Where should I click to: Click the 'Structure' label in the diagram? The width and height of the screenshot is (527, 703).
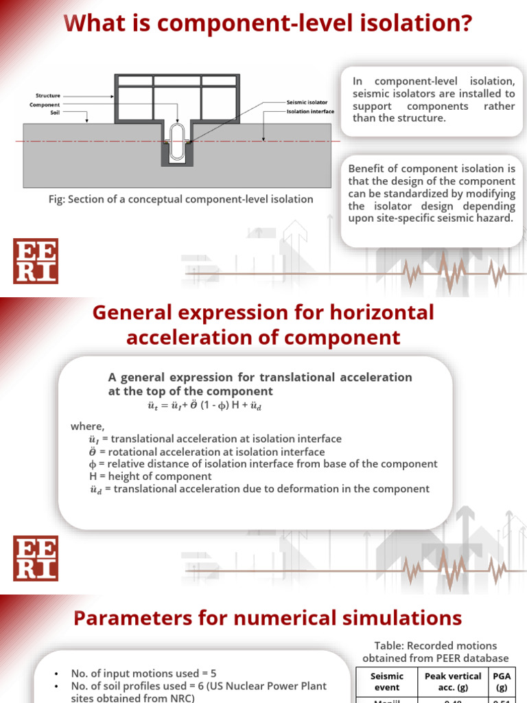tap(48, 95)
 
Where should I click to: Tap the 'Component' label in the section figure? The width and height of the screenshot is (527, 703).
tap(45, 105)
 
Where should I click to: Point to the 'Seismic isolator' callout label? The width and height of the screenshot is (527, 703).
tap(307, 102)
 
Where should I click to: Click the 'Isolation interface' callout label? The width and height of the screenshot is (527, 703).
tap(310, 111)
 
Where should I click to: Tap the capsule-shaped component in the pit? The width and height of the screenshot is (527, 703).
tap(177, 132)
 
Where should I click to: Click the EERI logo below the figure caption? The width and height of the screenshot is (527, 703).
tap(36, 261)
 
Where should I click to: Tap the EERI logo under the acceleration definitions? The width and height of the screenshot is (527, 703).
tap(36, 558)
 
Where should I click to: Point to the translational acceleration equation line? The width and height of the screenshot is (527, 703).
tap(205, 406)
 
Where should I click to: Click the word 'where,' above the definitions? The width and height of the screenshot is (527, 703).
tap(87, 426)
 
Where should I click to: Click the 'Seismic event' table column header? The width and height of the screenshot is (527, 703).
tap(386, 681)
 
